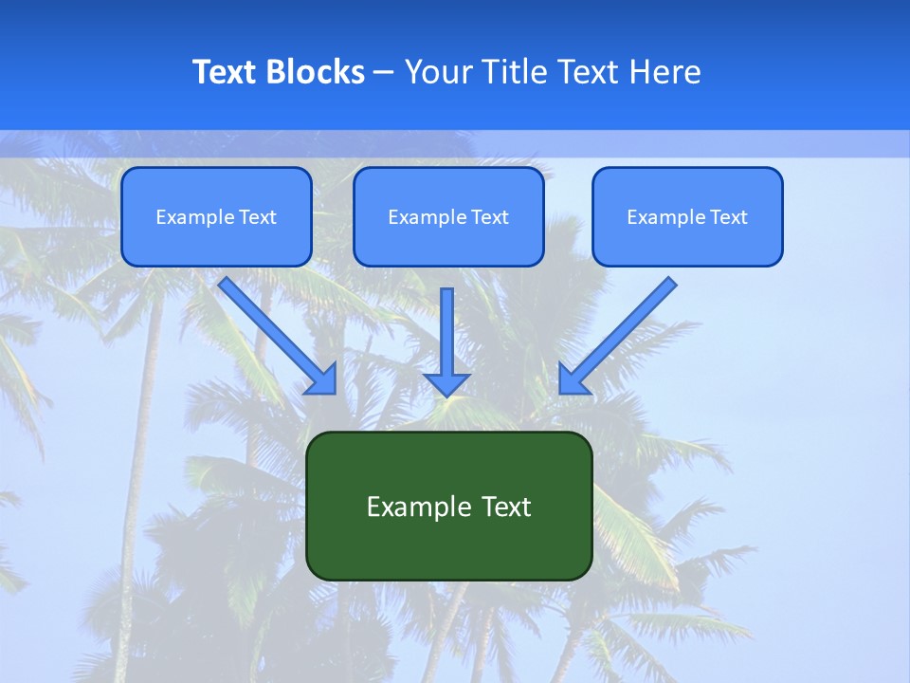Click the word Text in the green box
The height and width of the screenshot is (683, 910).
(507, 507)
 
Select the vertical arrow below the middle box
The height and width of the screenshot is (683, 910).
(446, 332)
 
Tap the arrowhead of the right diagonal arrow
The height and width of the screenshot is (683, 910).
(573, 378)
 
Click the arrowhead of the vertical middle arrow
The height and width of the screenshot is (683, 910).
(446, 383)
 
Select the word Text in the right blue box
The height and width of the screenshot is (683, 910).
(728, 217)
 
